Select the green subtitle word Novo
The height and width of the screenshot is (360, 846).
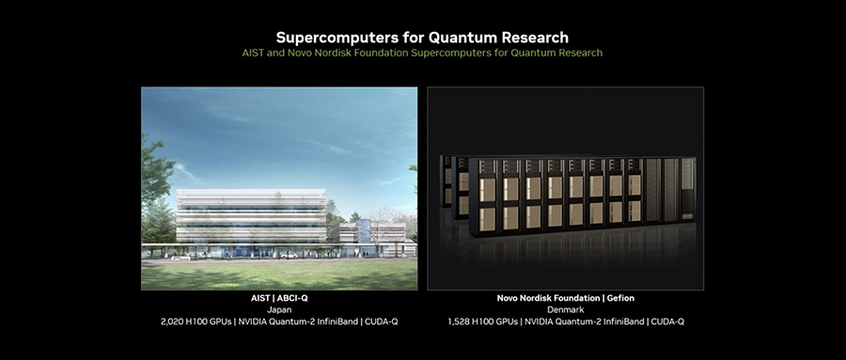[x=298, y=53]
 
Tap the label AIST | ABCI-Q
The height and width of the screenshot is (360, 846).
[x=279, y=299]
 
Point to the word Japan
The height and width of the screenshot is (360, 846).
[x=279, y=310]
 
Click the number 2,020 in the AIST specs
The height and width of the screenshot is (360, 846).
[x=172, y=321]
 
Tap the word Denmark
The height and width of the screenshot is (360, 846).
[x=566, y=310]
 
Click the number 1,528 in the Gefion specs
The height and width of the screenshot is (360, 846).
[x=458, y=321]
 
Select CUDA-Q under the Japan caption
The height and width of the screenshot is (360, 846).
[x=381, y=321]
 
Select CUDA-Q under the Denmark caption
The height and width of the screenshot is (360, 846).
[x=667, y=321]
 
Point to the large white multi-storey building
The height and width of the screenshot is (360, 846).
[x=251, y=216]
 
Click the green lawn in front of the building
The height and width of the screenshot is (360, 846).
[x=279, y=276]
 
